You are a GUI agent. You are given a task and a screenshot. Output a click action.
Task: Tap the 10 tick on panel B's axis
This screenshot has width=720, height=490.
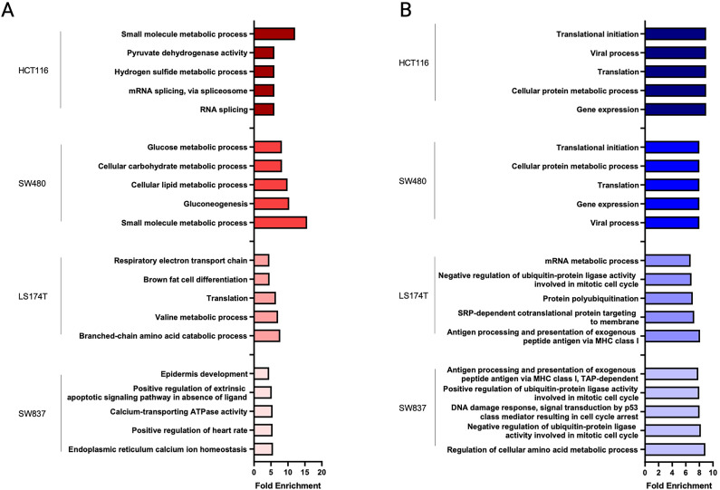coord(713,473)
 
